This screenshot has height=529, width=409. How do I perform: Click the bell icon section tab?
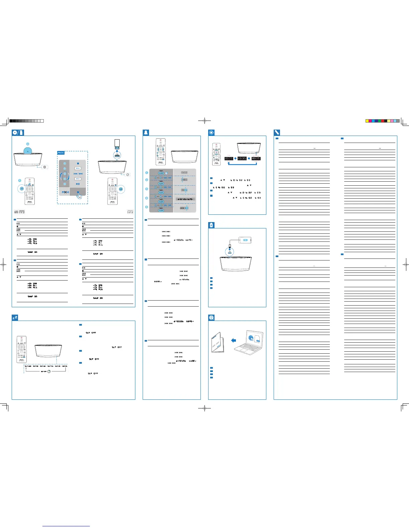tap(146, 132)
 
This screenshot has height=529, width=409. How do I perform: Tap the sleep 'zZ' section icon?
tap(15, 318)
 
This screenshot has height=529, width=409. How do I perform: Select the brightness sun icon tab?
tap(211, 132)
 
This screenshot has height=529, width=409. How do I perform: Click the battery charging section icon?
tap(211, 225)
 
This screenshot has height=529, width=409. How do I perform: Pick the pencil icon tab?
tap(277, 132)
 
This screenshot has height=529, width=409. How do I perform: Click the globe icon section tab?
tap(211, 318)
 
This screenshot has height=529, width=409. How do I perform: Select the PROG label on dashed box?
tap(61, 153)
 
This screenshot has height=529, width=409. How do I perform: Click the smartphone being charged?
tap(245, 240)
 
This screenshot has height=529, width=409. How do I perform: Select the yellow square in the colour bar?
tap(367, 121)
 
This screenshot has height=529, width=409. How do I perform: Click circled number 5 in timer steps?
tap(146, 207)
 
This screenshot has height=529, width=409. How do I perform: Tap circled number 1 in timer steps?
tap(146, 173)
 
